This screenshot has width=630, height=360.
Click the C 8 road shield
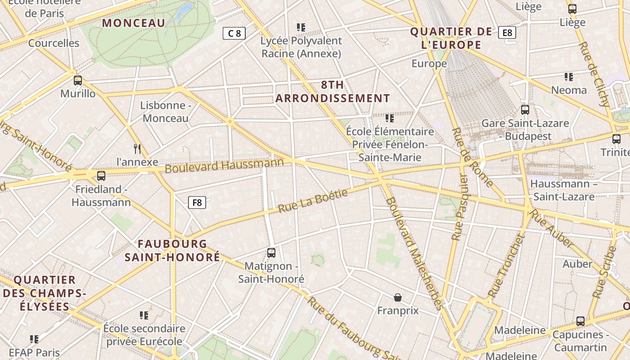234,33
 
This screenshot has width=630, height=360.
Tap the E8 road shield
507,32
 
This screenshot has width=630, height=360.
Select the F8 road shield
197,202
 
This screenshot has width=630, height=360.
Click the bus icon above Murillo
78,81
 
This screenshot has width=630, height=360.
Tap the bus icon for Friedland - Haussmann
101,176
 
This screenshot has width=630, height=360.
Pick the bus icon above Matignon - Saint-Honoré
271,253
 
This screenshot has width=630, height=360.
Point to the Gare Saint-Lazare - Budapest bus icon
525,109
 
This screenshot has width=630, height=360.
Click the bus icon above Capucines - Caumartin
580,321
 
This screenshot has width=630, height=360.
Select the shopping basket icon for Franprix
397,297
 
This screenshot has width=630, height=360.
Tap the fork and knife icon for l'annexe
138,148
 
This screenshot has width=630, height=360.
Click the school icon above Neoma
569,77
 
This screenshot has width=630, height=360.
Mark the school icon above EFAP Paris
34,339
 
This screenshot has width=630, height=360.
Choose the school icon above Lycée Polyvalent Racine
301,27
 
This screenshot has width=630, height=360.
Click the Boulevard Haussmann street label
224,165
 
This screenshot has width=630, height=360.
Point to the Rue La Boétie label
313,201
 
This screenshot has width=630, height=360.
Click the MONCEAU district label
134,23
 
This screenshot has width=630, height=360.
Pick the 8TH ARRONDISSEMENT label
333,91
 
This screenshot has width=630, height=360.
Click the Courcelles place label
54,43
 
